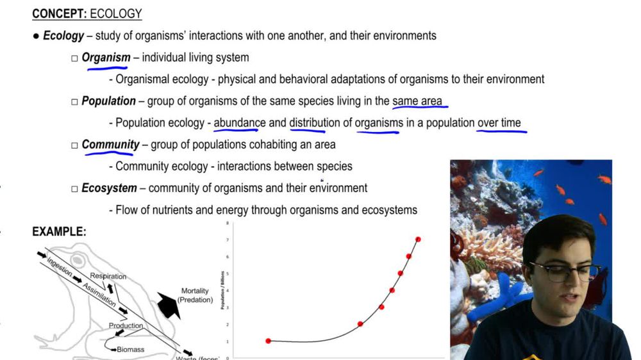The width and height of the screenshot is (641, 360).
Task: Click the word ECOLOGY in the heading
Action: [x=116, y=13]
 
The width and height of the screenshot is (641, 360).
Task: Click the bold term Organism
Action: [x=106, y=58]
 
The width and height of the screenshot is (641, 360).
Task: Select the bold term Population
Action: [x=108, y=101]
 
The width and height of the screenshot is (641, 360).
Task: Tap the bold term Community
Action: [x=110, y=145]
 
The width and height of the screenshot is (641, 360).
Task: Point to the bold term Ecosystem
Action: [x=109, y=188]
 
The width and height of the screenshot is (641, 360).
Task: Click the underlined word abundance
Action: [x=239, y=123]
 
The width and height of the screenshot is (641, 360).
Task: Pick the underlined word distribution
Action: [x=314, y=123]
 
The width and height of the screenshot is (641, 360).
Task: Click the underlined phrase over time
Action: [x=499, y=123]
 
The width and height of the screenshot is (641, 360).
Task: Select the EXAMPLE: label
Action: [x=59, y=232]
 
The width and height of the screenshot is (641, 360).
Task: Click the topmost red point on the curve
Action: [x=418, y=240]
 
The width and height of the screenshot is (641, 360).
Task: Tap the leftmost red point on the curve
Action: [x=268, y=341]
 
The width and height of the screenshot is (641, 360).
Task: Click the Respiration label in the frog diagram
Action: [x=108, y=276]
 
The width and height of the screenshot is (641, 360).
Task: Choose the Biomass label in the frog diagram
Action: [x=130, y=350]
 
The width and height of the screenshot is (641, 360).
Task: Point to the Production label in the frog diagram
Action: [x=126, y=325]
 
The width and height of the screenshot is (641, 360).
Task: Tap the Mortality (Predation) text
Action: [x=196, y=295]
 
